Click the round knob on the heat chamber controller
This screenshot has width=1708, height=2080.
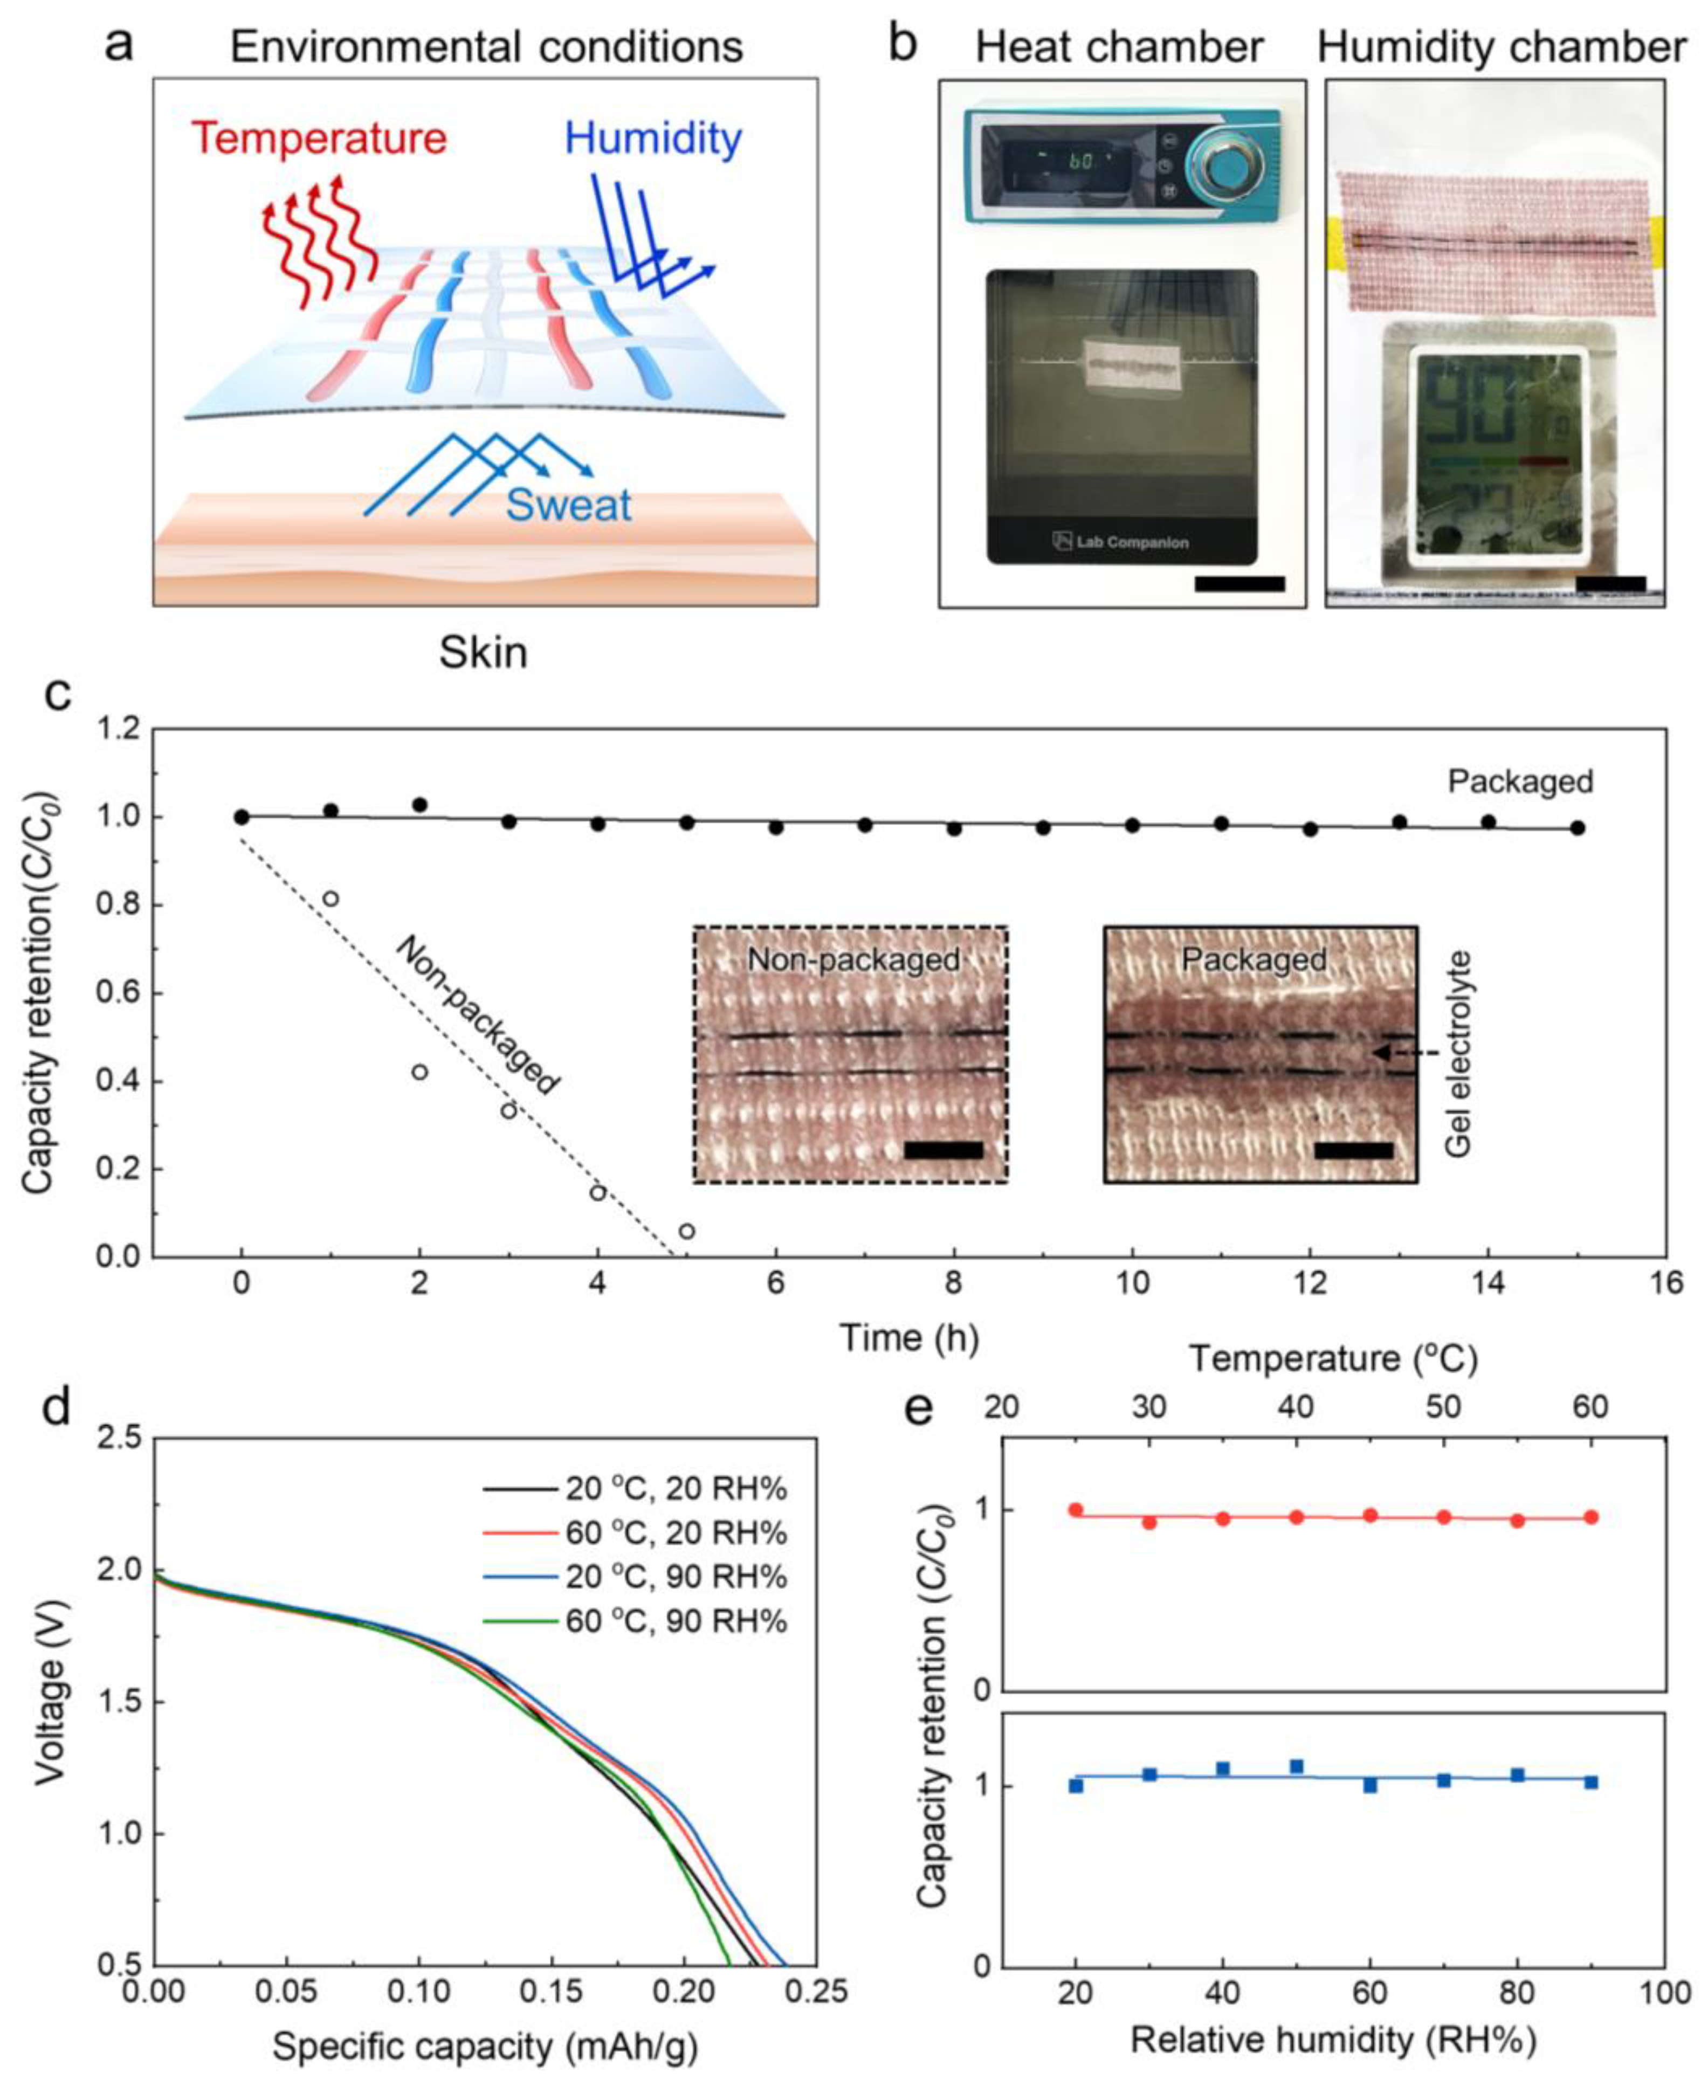tap(1227, 165)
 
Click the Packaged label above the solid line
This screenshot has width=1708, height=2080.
tap(1519, 782)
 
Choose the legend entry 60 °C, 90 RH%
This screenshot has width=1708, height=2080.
tap(675, 1621)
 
